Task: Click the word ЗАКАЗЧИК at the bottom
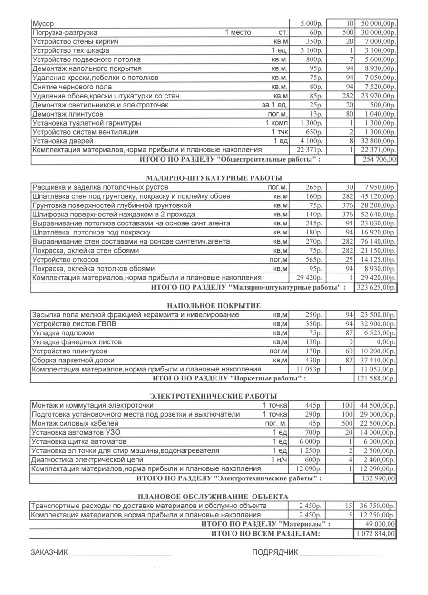[x=49, y=553]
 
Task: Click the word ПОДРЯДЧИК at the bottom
[x=275, y=553]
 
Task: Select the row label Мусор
[x=42, y=23]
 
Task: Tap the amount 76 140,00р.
[x=378, y=242]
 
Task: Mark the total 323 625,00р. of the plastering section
[x=376, y=288]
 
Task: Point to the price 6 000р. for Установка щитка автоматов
[x=311, y=442]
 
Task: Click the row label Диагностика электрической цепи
[x=87, y=460]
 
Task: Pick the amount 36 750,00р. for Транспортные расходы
[x=378, y=506]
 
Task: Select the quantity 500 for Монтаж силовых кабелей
[x=346, y=424]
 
